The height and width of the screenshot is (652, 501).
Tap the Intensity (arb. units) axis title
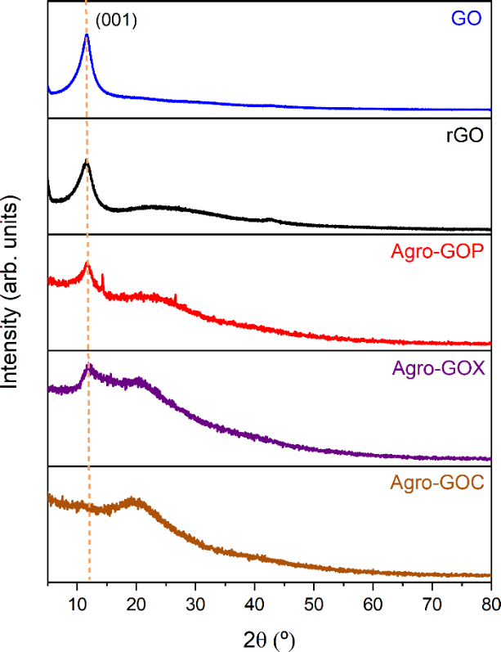(x=15, y=295)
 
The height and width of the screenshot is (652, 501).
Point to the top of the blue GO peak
(x=87, y=35)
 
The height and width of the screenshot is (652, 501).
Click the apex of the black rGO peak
(x=87, y=163)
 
